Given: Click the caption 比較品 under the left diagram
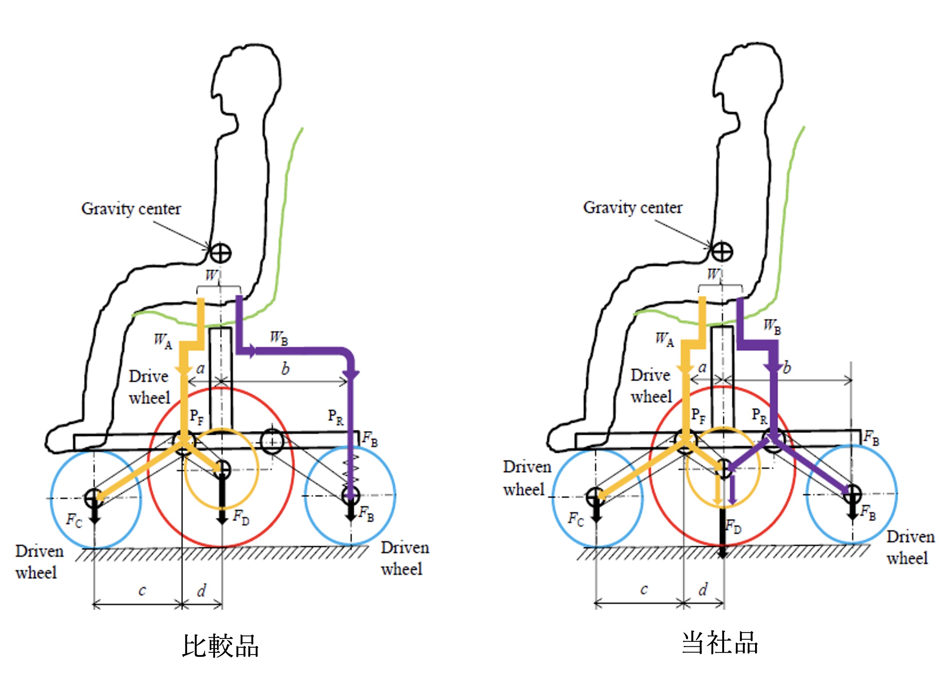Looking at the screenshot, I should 221,646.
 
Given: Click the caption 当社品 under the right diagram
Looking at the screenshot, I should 720,642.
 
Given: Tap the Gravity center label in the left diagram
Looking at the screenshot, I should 131,208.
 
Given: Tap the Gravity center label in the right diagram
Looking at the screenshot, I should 633,207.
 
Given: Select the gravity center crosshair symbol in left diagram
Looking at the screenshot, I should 220,253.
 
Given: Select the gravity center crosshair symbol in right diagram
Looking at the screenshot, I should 722,252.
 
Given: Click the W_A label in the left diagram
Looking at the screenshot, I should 163,340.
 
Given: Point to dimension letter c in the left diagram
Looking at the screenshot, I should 142,590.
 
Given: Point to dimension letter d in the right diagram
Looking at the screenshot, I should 703,589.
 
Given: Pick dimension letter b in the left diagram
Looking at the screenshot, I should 285,369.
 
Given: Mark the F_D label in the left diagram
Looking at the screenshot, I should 241,517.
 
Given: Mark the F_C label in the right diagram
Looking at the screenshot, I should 576,519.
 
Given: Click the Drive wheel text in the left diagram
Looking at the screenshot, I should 150,387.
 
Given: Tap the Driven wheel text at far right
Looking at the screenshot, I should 911,547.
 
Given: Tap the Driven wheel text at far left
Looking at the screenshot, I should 39,562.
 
